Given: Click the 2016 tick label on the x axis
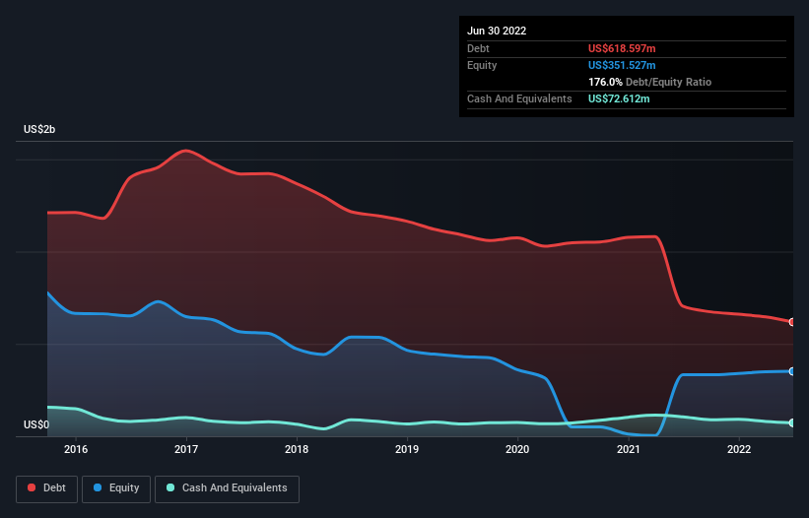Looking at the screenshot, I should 76,449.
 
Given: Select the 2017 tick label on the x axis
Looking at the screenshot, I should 186,449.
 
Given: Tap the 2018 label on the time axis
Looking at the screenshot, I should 297,449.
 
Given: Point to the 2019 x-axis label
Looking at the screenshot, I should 408,449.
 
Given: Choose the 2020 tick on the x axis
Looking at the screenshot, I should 518,449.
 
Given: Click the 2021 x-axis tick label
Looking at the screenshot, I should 629,449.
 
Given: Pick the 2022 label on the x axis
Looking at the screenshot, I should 739,449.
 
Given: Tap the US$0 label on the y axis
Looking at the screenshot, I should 36,425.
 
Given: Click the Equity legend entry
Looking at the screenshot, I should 116,487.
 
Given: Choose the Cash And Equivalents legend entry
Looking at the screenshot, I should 227,487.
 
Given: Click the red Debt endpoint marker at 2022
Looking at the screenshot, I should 791,322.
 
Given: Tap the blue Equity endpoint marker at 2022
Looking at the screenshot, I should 791,371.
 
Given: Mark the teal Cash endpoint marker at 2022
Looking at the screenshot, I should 791,422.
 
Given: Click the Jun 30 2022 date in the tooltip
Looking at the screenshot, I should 497,31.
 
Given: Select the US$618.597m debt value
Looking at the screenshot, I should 623,48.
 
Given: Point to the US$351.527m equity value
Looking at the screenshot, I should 623,65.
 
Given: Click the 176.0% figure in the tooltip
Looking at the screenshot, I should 605,82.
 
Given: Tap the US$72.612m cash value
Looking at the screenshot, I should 619,98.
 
